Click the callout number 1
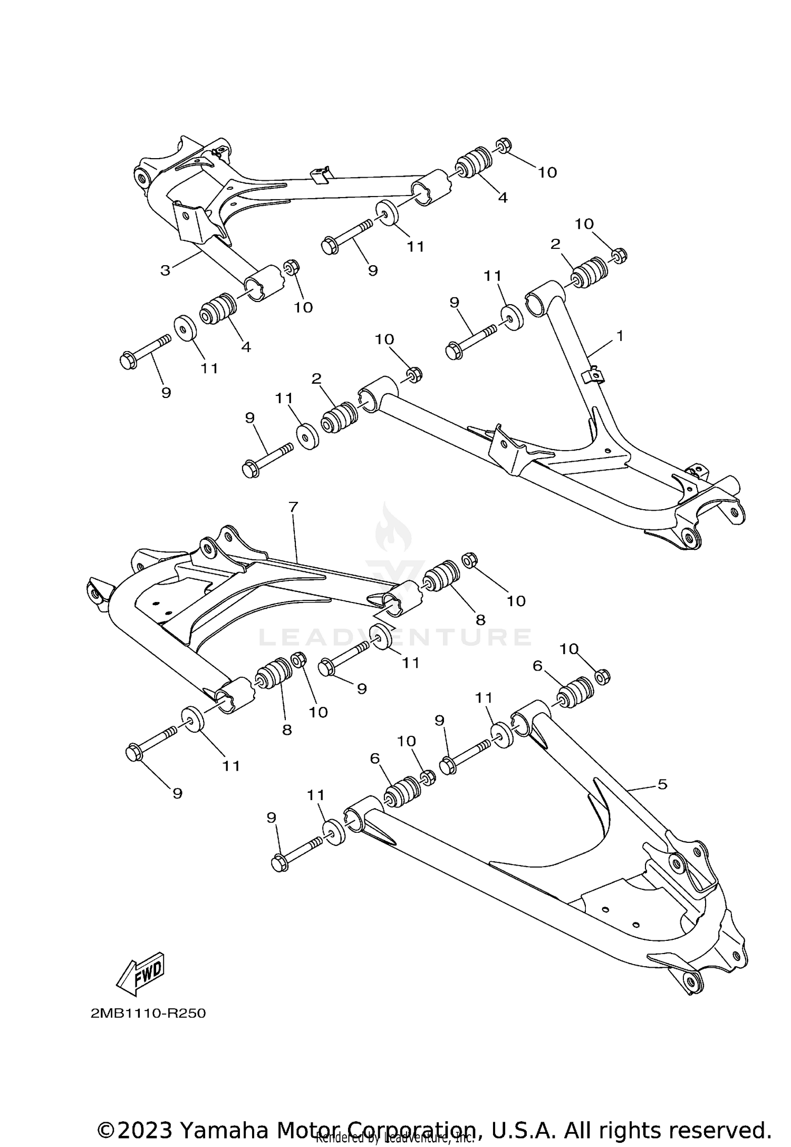point(620,336)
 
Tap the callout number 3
point(166,271)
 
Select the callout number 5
point(662,799)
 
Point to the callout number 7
point(294,507)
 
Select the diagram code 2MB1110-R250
point(148,1014)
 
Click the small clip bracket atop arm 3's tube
point(322,174)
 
